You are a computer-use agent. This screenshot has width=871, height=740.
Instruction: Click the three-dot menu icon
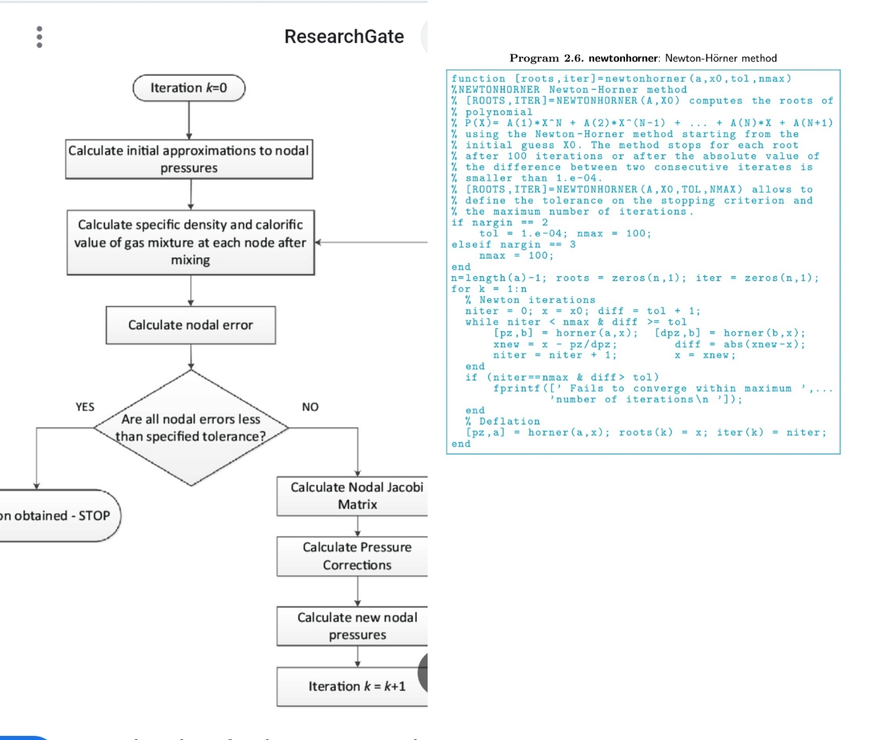click(x=39, y=37)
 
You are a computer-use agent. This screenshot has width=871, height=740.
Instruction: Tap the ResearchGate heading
click(x=344, y=36)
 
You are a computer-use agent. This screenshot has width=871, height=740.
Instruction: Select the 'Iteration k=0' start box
click(x=188, y=88)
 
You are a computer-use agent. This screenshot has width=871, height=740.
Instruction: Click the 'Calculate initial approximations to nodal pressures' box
click(x=189, y=159)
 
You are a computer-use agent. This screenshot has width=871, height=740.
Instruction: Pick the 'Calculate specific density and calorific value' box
click(x=191, y=243)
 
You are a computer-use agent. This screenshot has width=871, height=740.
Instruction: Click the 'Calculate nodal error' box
click(x=191, y=325)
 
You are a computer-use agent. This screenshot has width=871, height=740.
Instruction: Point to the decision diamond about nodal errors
click(x=191, y=428)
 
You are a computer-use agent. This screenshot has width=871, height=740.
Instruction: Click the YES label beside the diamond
click(x=85, y=407)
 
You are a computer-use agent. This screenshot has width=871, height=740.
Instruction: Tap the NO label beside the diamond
click(x=310, y=407)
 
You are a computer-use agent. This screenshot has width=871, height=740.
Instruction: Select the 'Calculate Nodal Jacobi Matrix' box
click(x=356, y=495)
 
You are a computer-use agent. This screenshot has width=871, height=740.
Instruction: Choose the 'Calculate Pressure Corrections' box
click(x=356, y=556)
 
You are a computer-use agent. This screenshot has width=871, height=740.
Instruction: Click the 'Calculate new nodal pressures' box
click(x=356, y=626)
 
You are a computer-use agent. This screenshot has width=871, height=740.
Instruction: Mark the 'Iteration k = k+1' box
click(x=356, y=686)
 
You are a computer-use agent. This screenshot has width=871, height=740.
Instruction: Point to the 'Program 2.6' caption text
click(x=643, y=58)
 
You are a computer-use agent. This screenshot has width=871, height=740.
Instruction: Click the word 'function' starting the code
click(x=478, y=79)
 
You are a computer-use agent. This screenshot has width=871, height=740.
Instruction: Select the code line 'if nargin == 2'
click(x=500, y=223)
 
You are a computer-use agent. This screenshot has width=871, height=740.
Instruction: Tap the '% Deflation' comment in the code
click(x=503, y=421)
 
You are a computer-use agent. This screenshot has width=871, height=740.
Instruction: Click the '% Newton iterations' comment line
click(x=530, y=300)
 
